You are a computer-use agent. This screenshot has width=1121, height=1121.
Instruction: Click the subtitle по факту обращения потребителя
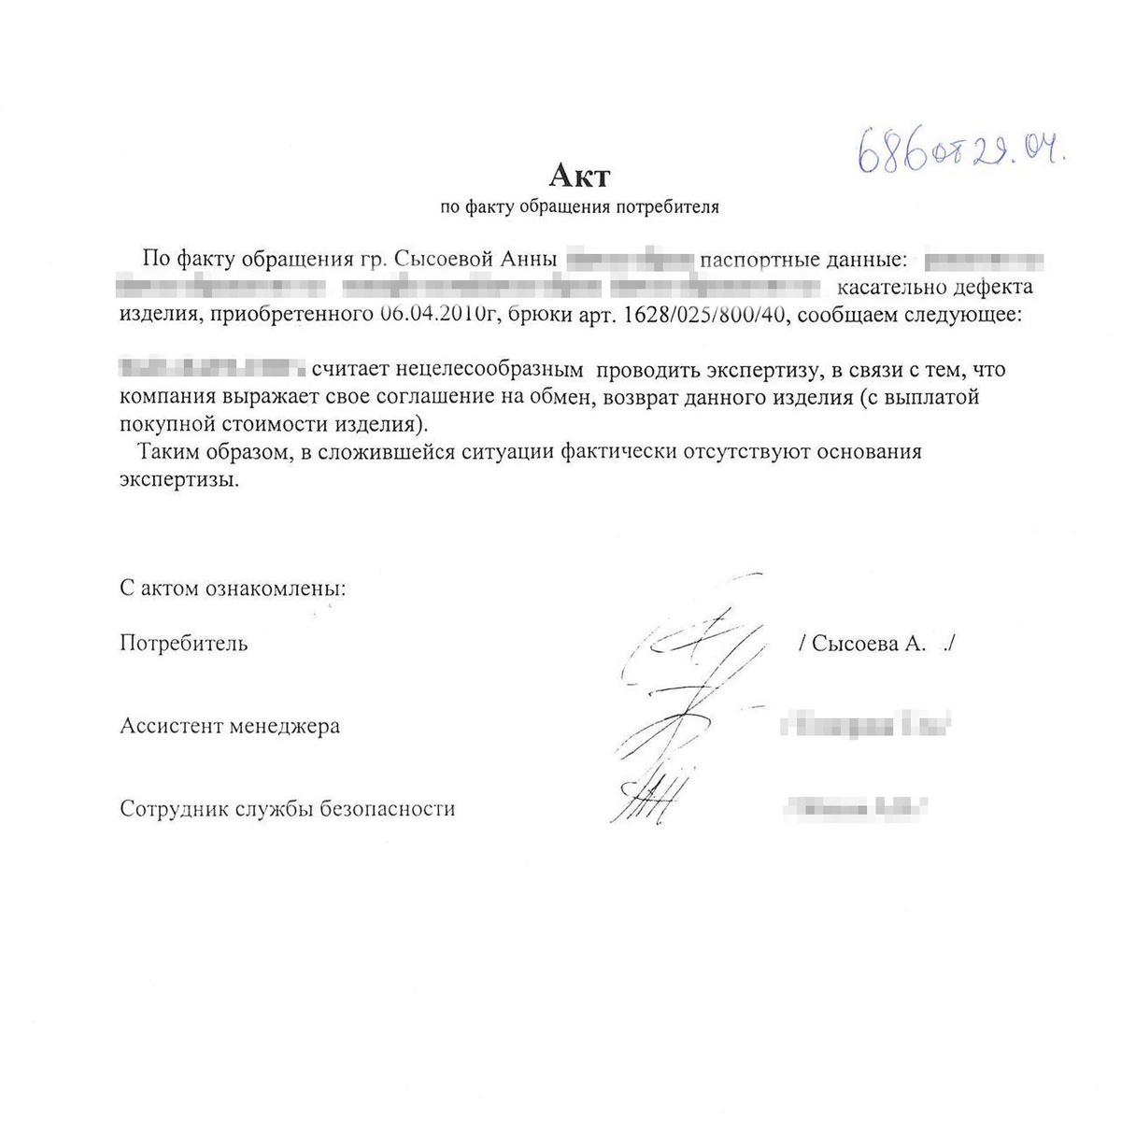(x=579, y=207)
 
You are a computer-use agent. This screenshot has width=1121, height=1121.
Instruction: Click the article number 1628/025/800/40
(x=705, y=314)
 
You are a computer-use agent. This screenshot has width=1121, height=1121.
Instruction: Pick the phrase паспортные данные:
(x=803, y=259)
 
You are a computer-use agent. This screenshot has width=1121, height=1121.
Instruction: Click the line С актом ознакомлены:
(x=233, y=589)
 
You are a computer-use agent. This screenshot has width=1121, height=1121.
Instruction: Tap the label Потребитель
(x=184, y=644)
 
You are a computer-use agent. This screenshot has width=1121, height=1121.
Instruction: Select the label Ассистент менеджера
(x=230, y=726)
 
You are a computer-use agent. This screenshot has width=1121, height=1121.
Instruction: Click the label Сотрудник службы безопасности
(x=288, y=809)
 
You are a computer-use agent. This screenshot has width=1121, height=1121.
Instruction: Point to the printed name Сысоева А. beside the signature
(x=869, y=644)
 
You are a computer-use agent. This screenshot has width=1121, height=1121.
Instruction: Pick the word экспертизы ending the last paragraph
(x=178, y=480)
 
